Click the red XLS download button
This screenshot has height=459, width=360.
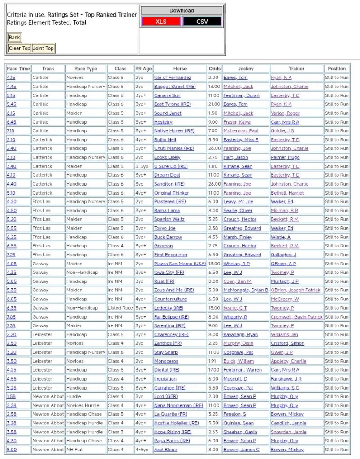[x=161, y=22]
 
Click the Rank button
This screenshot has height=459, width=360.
[x=14, y=38]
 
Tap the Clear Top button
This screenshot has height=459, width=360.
[x=19, y=48]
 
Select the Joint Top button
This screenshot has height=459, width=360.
[x=43, y=48]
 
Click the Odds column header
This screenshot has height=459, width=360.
[x=215, y=69]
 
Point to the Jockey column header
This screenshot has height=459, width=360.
[x=246, y=69]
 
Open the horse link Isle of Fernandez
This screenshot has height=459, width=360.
[x=173, y=78]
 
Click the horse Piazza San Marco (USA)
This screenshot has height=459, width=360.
[x=180, y=264]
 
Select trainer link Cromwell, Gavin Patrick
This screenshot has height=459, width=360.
[x=296, y=317]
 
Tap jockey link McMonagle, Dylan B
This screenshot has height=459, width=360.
[x=246, y=290]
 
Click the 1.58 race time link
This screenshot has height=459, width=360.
[x=11, y=396]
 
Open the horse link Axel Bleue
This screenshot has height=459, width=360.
[x=165, y=450]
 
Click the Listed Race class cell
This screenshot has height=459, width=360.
[x=120, y=308]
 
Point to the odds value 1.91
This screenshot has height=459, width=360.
[x=213, y=361]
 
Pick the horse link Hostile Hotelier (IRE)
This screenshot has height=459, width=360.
[x=176, y=423]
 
